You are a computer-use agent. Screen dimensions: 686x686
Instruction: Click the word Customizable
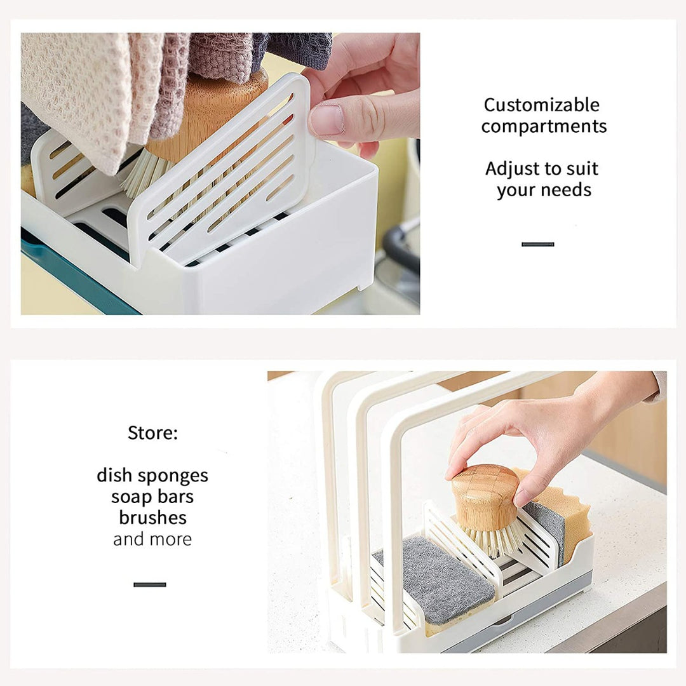click(x=542, y=105)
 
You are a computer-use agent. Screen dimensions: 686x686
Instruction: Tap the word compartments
click(x=544, y=127)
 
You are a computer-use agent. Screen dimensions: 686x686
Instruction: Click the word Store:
click(x=152, y=433)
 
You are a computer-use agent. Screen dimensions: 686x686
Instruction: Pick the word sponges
click(x=178, y=476)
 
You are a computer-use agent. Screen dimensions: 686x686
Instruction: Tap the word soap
click(x=131, y=497)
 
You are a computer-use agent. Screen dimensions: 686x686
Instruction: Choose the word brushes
click(x=152, y=518)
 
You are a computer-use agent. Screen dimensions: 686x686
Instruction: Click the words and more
click(x=152, y=539)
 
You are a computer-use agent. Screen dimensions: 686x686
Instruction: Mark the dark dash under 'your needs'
click(x=538, y=244)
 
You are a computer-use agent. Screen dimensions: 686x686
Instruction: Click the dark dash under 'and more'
click(x=150, y=584)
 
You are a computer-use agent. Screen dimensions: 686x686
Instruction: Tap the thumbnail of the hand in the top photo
click(x=326, y=120)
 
